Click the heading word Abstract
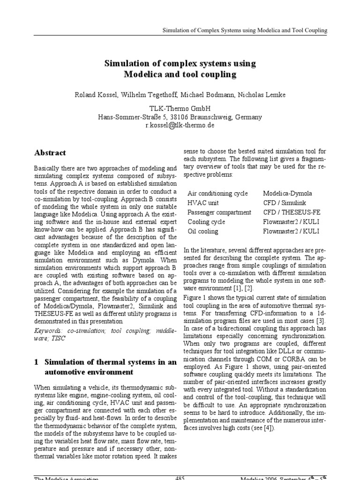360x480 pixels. [50, 153]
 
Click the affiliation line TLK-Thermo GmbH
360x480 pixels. [180, 108]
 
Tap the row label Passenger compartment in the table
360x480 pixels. [219, 212]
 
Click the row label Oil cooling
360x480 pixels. [202, 231]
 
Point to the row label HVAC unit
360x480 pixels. [202, 203]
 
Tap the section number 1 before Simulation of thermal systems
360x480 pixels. [37, 362]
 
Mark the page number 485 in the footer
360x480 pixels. [180, 478]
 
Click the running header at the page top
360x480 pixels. [245, 30]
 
